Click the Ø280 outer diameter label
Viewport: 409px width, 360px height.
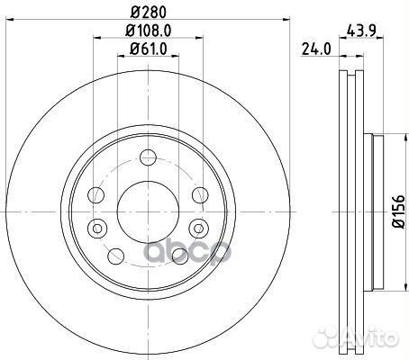click(x=149, y=12)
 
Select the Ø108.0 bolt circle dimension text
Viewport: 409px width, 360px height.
click(x=149, y=31)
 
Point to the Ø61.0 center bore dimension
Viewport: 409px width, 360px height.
click(x=149, y=49)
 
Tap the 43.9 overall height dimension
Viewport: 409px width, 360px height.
click(x=361, y=31)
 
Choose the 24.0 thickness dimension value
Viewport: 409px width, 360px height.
click(x=316, y=49)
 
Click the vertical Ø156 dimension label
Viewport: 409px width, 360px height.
click(x=399, y=211)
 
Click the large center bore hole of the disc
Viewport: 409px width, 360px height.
click(x=148, y=211)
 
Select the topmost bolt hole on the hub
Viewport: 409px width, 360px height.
click(x=149, y=157)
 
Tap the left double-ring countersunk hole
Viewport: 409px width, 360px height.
click(x=97, y=229)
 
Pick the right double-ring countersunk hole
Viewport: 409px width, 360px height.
click(x=198, y=229)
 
